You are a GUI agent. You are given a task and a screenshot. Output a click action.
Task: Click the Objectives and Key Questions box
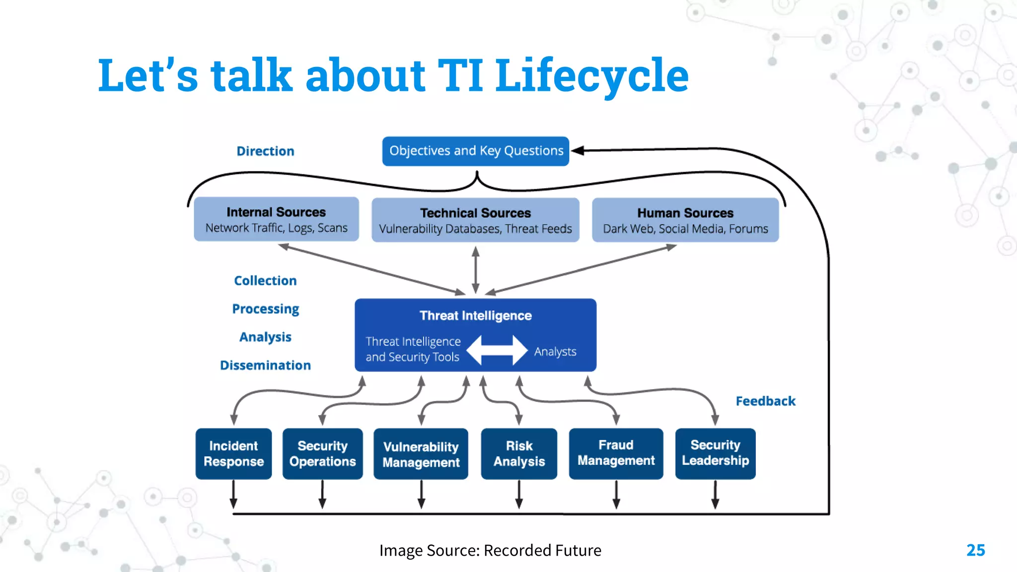point(475,151)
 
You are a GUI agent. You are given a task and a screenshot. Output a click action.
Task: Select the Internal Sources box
point(276,219)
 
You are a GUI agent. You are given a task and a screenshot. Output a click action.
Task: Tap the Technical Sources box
point(475,220)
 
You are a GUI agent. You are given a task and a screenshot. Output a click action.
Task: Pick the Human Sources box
point(685,220)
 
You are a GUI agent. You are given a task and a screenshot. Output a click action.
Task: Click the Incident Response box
point(233,453)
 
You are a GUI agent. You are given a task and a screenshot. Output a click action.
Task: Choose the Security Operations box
point(322,453)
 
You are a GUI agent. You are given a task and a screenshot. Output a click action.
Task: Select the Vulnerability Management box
point(421,454)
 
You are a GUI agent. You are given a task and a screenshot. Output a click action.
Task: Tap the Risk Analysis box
point(519,453)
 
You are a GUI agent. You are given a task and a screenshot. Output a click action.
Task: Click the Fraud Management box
point(616,453)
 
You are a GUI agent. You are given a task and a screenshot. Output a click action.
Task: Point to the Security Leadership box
point(715,453)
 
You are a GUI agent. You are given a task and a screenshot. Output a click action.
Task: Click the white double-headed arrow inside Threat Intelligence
point(497,350)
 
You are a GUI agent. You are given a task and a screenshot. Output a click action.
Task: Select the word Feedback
point(765,401)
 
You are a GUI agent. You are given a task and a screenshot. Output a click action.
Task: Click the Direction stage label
point(265,151)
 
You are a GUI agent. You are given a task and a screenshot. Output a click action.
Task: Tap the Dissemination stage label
point(265,365)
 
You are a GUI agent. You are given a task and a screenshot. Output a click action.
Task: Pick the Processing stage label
point(266,309)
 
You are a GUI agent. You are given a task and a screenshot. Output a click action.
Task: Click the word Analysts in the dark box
point(555,352)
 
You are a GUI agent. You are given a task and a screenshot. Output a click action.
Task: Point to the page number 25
point(975,550)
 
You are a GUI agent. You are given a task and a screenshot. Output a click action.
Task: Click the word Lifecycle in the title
point(592,75)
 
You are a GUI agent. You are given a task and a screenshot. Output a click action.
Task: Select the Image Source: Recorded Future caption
point(490,550)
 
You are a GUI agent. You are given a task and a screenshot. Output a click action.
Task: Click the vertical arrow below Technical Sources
point(475,270)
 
